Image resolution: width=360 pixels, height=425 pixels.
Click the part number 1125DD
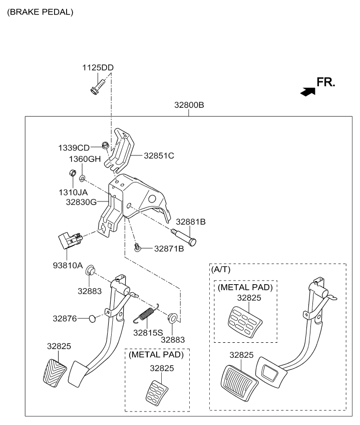point(98,68)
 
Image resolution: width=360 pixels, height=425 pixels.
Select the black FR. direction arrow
point(308,92)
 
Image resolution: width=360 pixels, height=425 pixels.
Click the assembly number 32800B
point(189,105)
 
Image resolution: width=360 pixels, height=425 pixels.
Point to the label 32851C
point(159,155)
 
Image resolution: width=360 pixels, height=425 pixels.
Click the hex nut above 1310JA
point(72,172)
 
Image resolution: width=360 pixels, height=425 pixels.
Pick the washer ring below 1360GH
point(82,178)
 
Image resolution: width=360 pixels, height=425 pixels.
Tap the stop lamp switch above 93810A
point(70,240)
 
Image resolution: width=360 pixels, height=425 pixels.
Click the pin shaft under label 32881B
point(183,237)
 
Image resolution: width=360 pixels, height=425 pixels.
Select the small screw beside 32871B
point(138,247)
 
